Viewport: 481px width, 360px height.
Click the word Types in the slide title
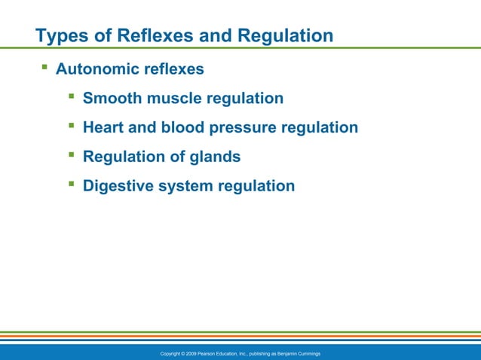coord(60,35)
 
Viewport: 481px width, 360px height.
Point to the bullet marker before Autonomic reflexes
coord(44,69)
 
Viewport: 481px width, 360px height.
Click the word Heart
coord(104,128)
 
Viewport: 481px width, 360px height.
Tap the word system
coord(187,185)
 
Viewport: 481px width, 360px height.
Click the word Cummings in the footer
coord(308,353)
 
